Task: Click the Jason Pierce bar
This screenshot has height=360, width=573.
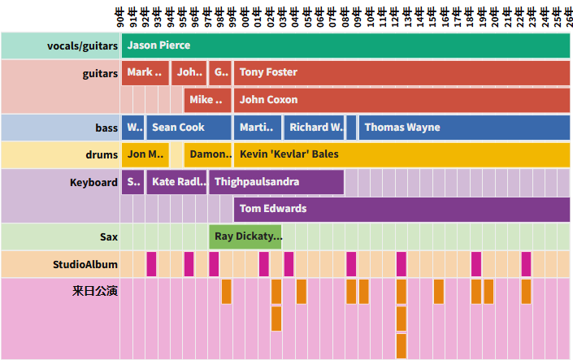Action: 345,46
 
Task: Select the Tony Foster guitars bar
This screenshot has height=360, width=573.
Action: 402,72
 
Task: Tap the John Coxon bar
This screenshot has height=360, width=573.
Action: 402,100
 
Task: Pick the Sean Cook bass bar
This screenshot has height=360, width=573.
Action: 189,128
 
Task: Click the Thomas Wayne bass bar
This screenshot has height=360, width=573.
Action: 463,128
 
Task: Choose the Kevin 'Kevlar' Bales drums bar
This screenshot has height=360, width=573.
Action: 402,154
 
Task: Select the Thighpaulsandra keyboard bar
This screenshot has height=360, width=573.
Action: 276,182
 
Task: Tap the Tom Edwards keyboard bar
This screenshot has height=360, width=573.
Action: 402,209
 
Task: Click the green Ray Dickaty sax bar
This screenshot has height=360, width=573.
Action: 245,236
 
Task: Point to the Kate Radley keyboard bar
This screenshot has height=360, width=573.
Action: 176,182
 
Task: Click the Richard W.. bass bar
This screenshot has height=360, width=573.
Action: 314,128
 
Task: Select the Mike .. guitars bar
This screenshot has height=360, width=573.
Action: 206,100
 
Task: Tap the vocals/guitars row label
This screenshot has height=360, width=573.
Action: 82,46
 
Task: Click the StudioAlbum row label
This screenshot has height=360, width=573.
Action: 85,264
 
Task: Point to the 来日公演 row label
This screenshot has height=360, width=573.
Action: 95,291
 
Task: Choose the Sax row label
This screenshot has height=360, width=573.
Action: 109,236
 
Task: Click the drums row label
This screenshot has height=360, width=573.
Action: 102,154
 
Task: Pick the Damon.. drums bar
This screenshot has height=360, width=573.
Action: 209,154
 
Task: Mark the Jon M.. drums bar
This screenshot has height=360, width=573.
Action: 145,154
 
